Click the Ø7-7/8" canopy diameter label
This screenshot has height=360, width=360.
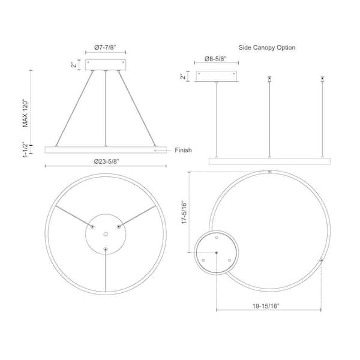tap(105, 47)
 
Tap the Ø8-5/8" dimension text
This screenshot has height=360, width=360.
tap(215, 59)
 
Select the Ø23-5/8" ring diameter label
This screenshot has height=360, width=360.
tap(107, 161)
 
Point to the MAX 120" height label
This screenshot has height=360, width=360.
tap(25, 113)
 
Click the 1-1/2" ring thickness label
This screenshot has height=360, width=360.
tap(25, 149)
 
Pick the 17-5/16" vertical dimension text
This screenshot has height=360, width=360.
tap(184, 212)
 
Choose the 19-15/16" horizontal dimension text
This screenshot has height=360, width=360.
tap(266, 306)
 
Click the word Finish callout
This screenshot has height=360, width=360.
tap(183, 150)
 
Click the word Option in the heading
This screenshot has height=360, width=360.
tap(286, 48)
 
